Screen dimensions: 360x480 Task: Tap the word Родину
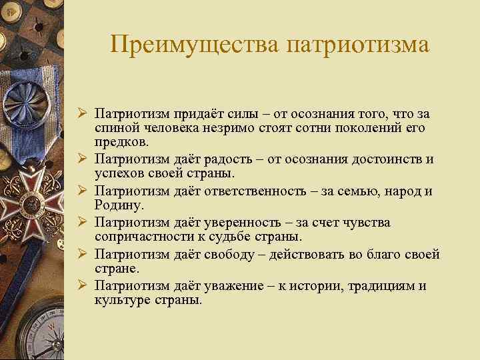pyautogui.click(x=116, y=206)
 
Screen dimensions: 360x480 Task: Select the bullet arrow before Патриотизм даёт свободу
pyautogui.click(x=84, y=254)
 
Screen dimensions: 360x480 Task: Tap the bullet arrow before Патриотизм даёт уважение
pyautogui.click(x=84, y=286)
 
